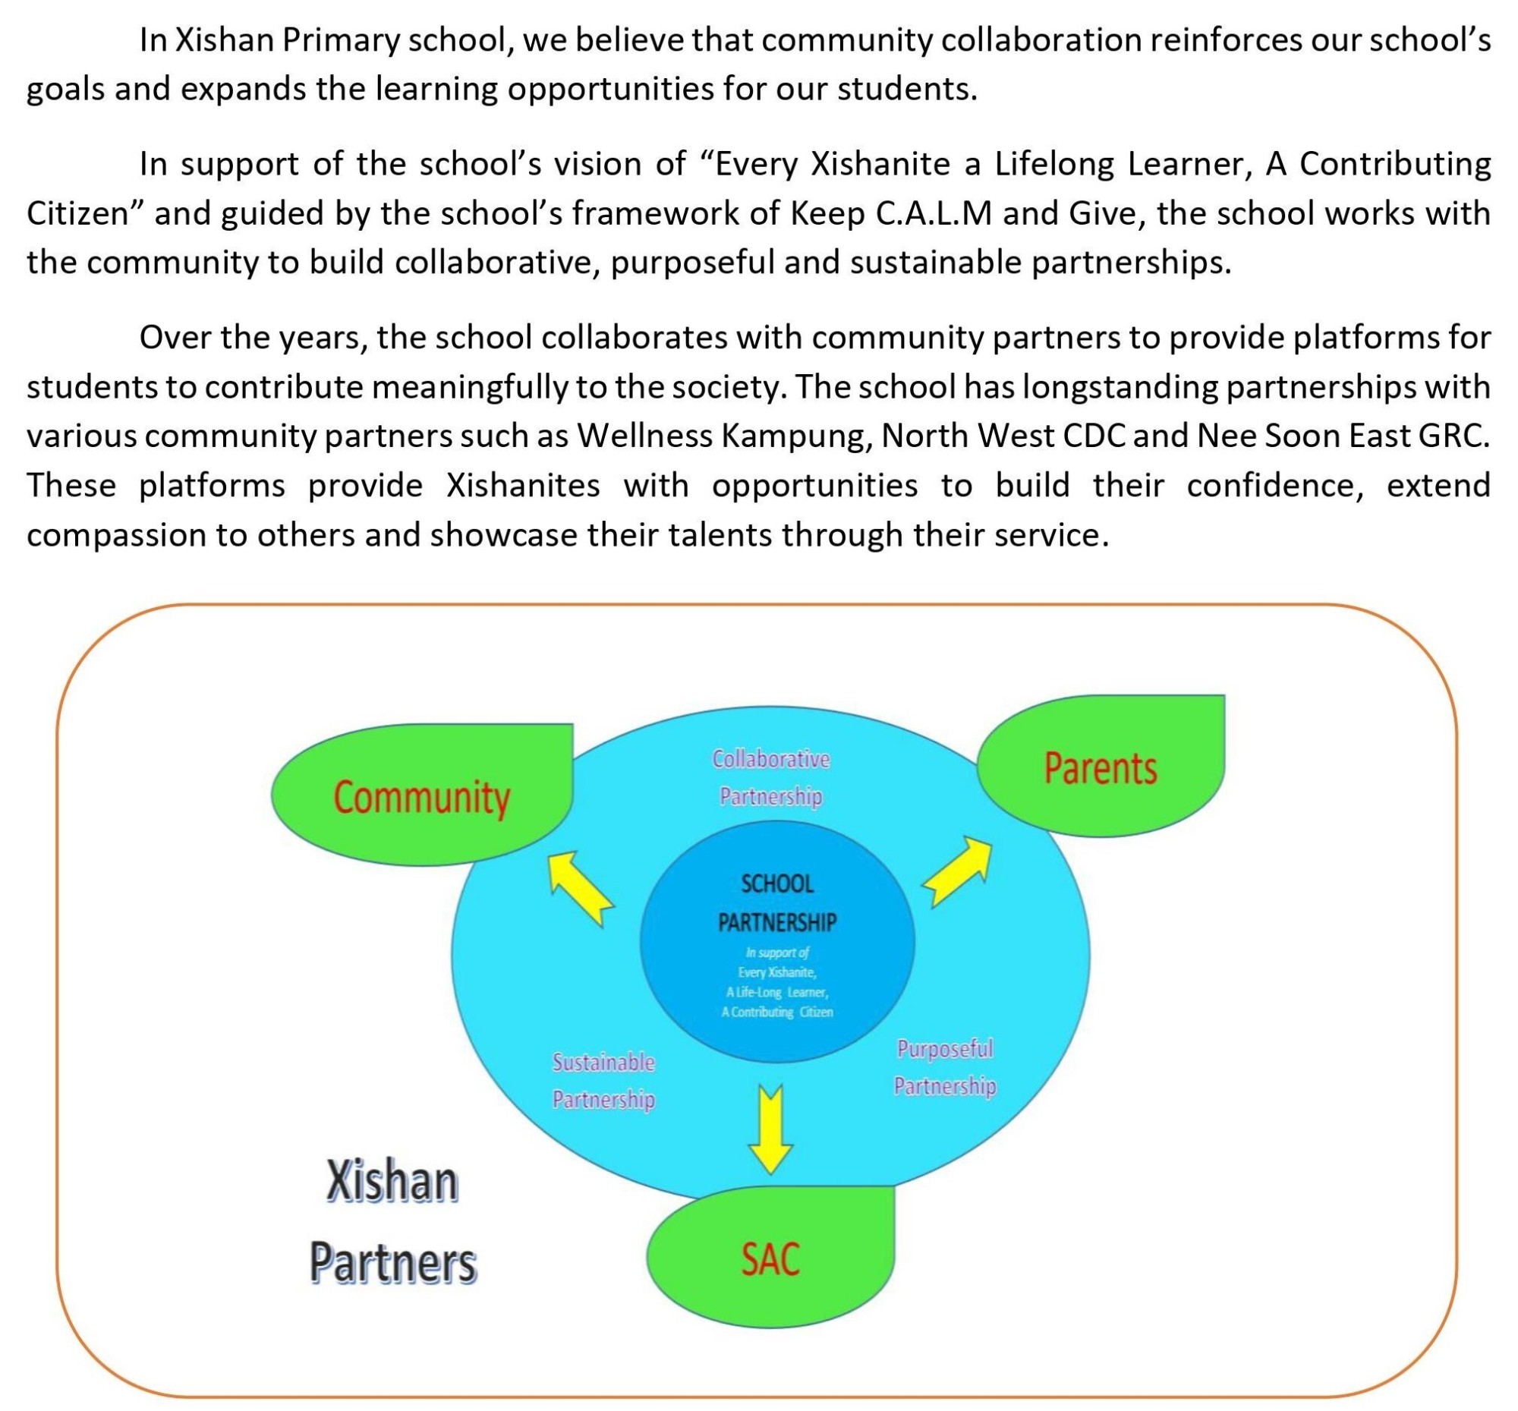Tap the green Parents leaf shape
pyautogui.click(x=1101, y=767)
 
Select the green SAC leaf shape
pyautogui.click(x=770, y=1258)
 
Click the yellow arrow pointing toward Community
pyautogui.click(x=580, y=888)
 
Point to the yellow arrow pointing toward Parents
pyautogui.click(x=959, y=871)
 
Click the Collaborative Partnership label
pyautogui.click(x=770, y=777)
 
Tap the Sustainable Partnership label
pyautogui.click(x=603, y=1080)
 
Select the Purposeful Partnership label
pyautogui.click(x=944, y=1066)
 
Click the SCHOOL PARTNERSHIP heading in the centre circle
pyautogui.click(x=776, y=902)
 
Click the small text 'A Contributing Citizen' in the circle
pyautogui.click(x=776, y=1013)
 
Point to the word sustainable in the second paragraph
pyautogui.click(x=934, y=262)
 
